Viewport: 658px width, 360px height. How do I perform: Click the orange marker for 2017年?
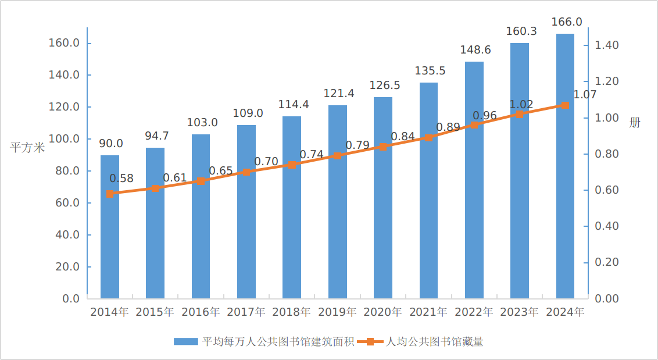click(x=246, y=172)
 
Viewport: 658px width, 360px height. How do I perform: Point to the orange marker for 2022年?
click(x=474, y=125)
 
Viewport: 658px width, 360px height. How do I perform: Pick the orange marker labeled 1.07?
click(x=565, y=105)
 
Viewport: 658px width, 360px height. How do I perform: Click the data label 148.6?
click(x=475, y=50)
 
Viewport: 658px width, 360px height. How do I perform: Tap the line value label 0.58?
click(x=121, y=179)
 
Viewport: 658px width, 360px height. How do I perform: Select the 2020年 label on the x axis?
click(x=382, y=312)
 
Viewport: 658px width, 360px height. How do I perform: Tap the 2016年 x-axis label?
click(x=201, y=312)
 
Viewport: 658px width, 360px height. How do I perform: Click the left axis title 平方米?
click(x=27, y=147)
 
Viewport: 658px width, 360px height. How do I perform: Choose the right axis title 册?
click(x=635, y=122)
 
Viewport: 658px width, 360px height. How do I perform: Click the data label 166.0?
click(x=566, y=22)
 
